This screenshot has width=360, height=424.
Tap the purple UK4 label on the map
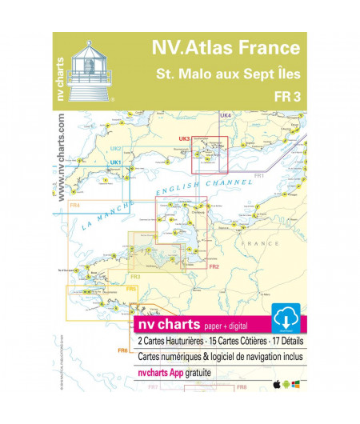226,117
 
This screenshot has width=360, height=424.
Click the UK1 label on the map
115,163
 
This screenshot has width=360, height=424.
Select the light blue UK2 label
115,149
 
